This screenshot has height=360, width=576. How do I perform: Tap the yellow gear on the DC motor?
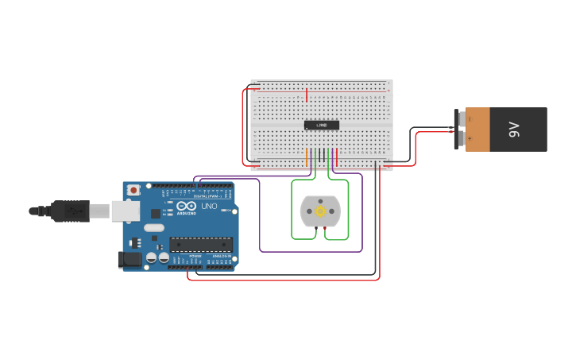320,211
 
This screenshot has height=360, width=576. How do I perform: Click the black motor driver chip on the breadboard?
321,125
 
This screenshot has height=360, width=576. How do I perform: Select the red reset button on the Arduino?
133,190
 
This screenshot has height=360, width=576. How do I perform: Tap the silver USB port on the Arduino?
125,210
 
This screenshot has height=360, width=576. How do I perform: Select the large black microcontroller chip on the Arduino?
201,244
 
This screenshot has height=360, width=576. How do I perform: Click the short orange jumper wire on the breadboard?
307,157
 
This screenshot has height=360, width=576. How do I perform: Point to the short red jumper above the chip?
307,95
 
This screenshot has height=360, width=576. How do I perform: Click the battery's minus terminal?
461,118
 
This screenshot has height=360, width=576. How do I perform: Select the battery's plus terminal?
461,139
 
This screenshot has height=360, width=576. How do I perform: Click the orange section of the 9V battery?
477,129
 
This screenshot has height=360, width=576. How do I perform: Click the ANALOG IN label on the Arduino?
220,256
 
